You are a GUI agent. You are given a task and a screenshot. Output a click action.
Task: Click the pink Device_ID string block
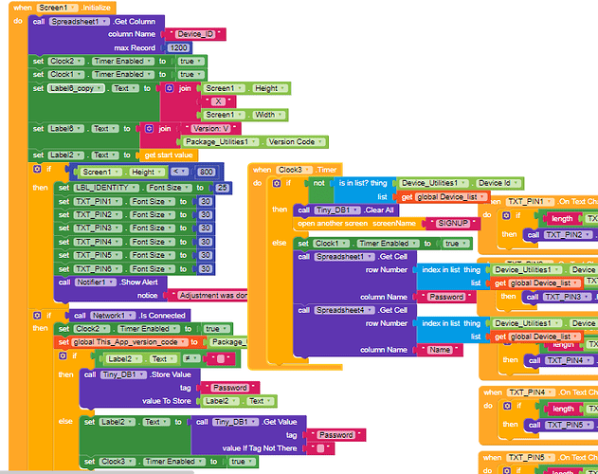click(196, 34)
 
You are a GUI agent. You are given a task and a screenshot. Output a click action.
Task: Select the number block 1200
click(178, 47)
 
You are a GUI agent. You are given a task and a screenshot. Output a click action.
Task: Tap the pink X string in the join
click(219, 100)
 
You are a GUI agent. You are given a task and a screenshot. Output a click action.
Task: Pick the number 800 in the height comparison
click(206, 172)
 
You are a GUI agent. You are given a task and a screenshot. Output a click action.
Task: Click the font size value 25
click(223, 188)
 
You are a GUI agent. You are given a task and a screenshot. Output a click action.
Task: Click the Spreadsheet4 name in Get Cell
click(345, 310)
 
